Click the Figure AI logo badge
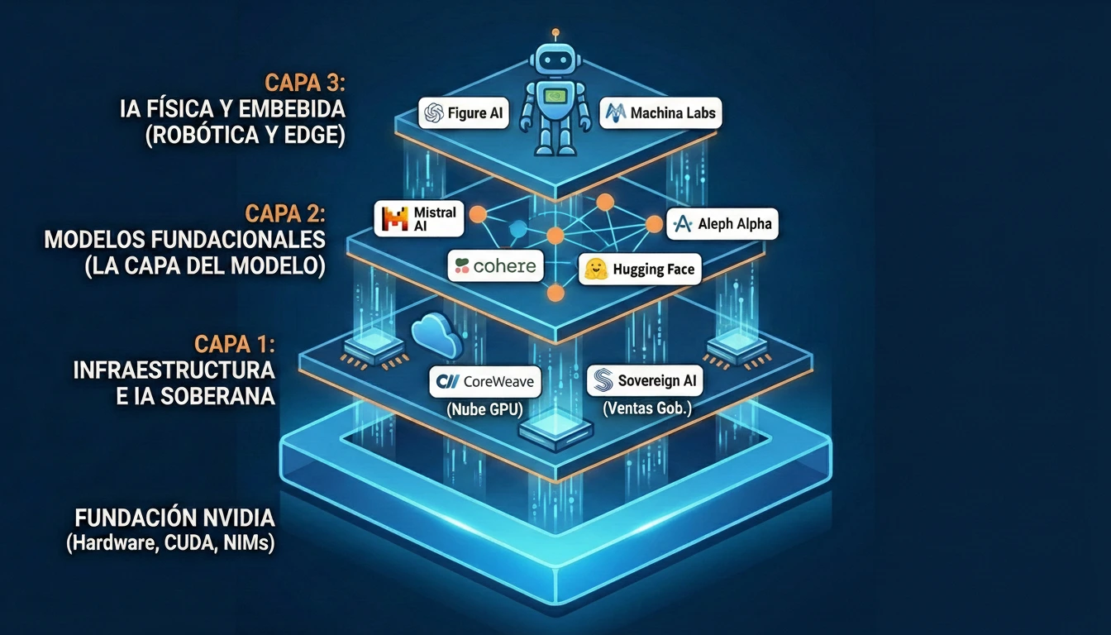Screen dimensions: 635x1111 click(465, 113)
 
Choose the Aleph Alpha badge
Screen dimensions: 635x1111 click(722, 223)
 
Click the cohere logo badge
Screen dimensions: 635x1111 click(496, 266)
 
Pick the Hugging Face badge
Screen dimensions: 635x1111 click(640, 270)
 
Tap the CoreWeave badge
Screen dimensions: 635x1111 click(486, 382)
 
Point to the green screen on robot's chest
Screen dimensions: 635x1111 click(555, 94)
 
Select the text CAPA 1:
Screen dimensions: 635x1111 click(234, 343)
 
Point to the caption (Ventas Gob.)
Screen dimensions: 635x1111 click(646, 408)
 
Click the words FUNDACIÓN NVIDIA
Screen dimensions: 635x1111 click(174, 518)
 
